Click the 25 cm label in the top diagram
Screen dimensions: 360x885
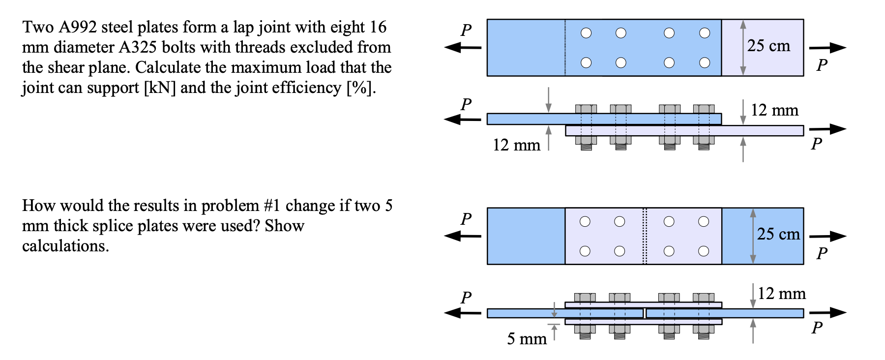point(768,46)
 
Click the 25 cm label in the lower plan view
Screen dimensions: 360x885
point(778,234)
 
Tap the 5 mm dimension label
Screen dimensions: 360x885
point(527,338)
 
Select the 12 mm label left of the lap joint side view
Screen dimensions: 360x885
point(516,145)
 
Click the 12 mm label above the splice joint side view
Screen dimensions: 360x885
point(781,294)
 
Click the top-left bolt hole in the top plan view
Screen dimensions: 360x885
point(586,33)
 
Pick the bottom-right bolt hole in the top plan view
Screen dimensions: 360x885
point(705,62)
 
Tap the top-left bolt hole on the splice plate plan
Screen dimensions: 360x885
point(585,221)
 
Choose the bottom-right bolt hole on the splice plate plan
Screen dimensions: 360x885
point(704,251)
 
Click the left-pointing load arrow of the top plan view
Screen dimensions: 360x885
point(462,48)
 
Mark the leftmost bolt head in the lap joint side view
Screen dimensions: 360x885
point(586,109)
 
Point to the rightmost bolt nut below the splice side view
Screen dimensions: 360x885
point(704,330)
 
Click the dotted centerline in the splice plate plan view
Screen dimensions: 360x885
point(645,236)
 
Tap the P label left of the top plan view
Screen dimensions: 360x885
point(466,30)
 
